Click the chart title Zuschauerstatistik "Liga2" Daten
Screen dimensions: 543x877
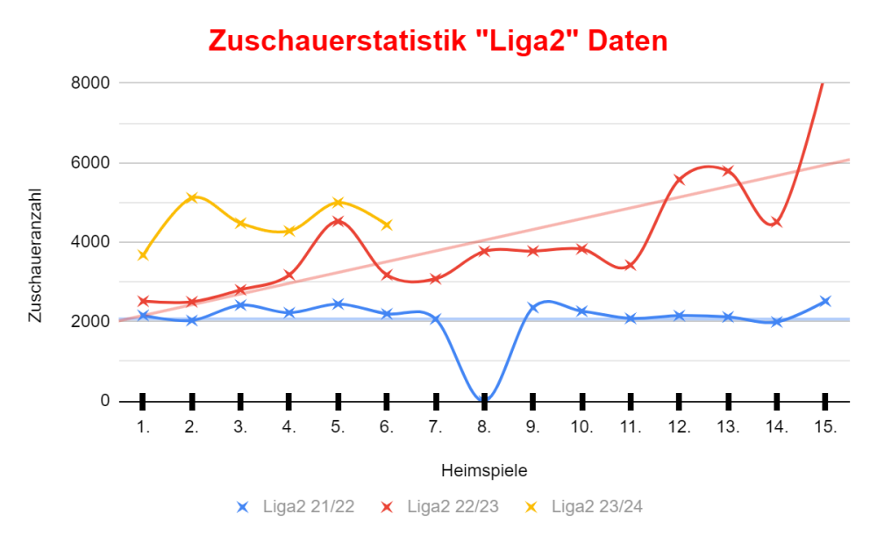(x=438, y=41)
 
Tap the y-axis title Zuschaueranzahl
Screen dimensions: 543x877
(x=35, y=254)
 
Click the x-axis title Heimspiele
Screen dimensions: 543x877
(x=483, y=470)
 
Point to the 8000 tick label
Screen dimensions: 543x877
(x=90, y=83)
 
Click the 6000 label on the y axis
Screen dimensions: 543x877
(x=90, y=163)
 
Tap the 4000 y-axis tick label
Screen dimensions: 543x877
(x=90, y=242)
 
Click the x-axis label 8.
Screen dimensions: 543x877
(x=483, y=427)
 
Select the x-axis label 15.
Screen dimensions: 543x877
(x=825, y=427)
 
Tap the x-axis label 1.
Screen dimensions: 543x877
(x=143, y=427)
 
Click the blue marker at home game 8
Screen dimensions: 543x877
(x=484, y=400)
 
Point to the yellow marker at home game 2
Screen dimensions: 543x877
(x=192, y=197)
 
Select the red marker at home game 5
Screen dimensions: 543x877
(x=339, y=221)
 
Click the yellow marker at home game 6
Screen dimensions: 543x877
(x=387, y=225)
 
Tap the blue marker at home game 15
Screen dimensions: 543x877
(x=825, y=301)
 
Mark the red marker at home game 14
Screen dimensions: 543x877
(x=777, y=222)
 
